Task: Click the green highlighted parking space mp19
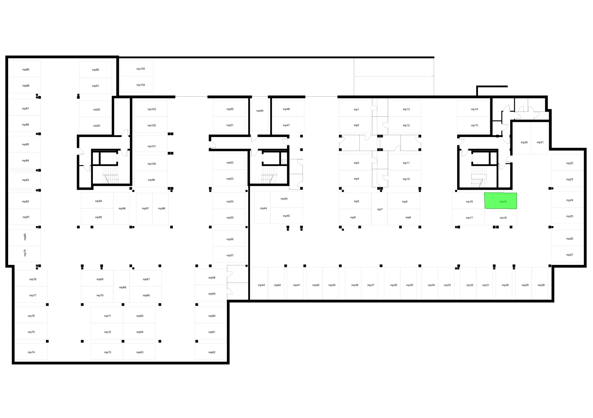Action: pos(501,201)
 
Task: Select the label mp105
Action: pos(141,69)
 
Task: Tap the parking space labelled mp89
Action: pos(25,69)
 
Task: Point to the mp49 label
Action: pos(260,111)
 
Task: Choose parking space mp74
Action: pos(31,352)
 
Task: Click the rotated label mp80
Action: pos(25,237)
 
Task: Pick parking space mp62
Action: pos(211,352)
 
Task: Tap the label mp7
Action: pos(380,209)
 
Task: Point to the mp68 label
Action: pos(123,287)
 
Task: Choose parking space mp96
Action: pos(121,208)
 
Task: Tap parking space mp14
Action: pos(473,109)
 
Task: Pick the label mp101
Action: pos(152,146)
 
